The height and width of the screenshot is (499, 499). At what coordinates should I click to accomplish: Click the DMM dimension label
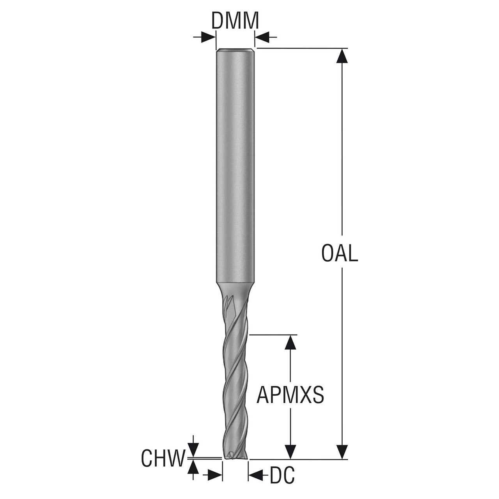pos(235,21)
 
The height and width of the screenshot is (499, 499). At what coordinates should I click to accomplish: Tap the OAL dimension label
pos(340,253)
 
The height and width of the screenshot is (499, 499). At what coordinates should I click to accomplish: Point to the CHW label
pos(164,458)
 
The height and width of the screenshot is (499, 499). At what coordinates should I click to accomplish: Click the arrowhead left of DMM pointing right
pos(208,37)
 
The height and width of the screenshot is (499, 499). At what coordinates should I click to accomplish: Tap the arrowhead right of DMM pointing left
pos(262,37)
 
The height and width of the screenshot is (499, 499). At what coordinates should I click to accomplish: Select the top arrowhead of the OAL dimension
pos(342,56)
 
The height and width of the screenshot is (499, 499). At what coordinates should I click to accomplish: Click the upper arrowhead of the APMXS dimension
pos(290,342)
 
